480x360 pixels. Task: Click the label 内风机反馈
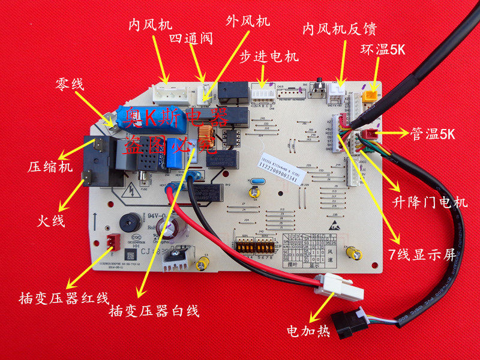(340, 29)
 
